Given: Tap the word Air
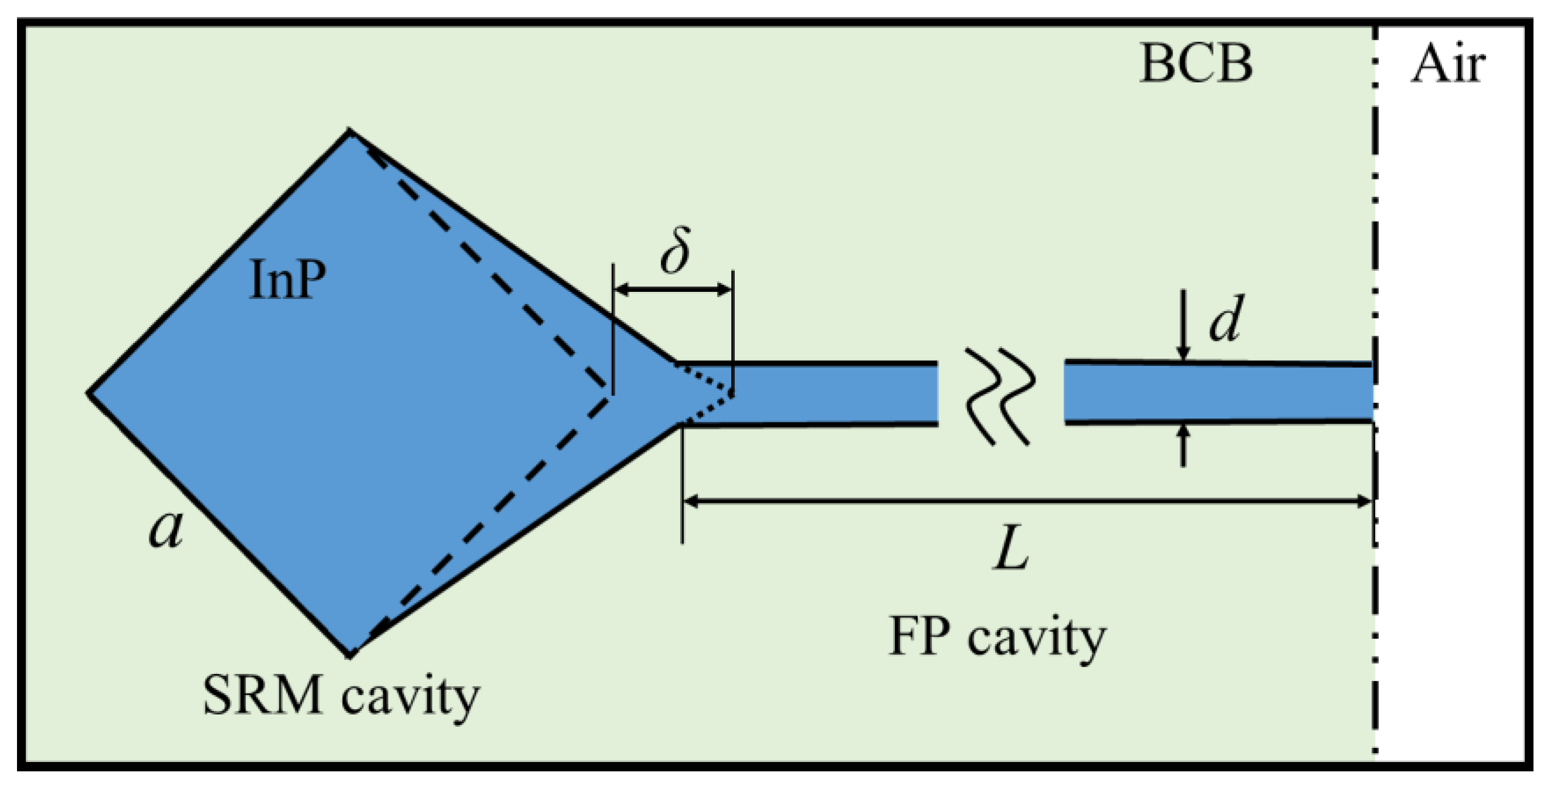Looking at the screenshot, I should [x=1448, y=65].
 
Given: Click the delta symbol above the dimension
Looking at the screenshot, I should [x=675, y=250].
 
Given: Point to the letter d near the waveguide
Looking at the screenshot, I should [x=1226, y=318].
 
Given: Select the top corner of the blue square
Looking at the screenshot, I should [x=349, y=130].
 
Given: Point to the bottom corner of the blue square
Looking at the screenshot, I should [x=349, y=656].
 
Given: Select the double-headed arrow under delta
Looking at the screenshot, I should [x=673, y=290].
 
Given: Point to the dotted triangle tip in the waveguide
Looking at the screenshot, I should [x=732, y=395].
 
